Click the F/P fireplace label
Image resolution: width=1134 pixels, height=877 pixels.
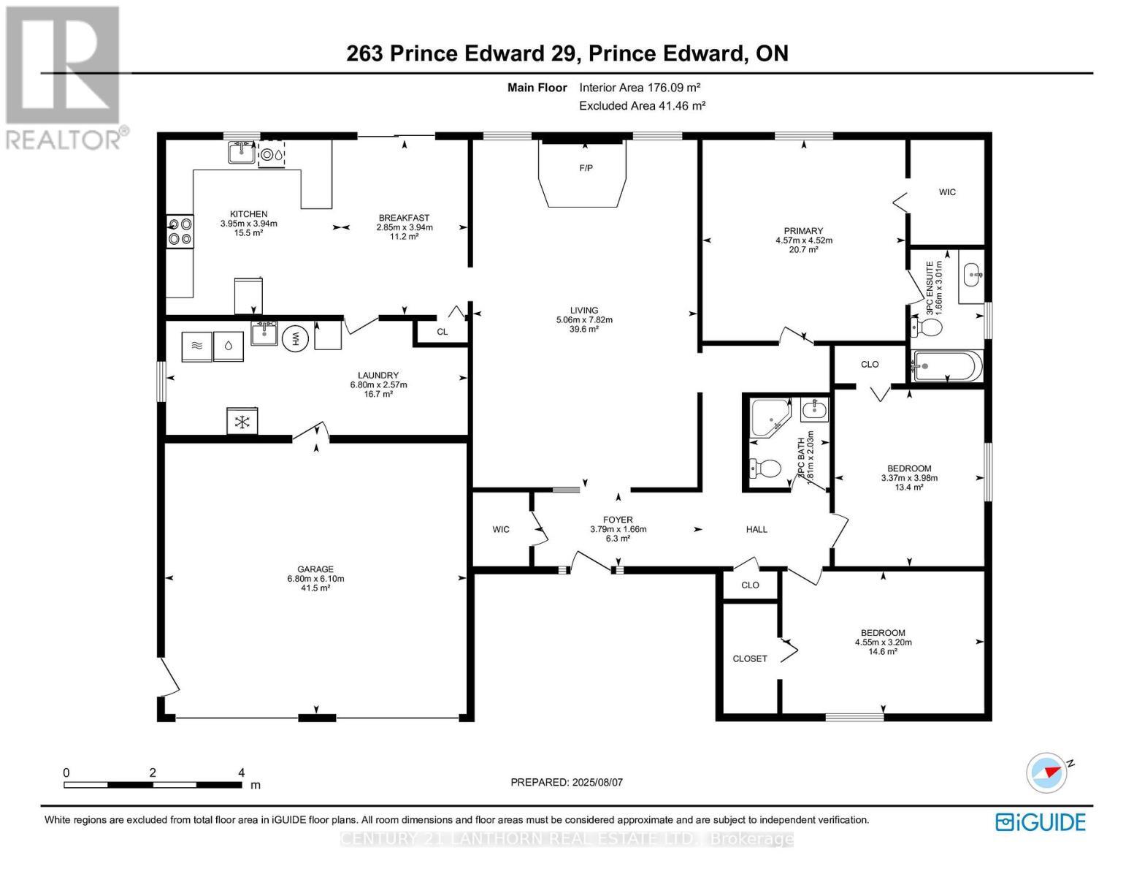click(x=586, y=168)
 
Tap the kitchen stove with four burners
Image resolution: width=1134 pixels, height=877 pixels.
click(x=180, y=231)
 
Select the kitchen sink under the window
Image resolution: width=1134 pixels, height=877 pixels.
click(x=240, y=153)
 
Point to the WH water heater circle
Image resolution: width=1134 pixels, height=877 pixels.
click(x=296, y=338)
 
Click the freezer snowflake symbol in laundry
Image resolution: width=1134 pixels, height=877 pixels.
click(x=242, y=421)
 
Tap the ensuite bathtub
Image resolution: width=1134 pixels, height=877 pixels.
click(x=946, y=364)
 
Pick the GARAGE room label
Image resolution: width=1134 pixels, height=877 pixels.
click(x=315, y=569)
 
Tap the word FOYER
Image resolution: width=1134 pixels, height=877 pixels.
click(x=618, y=520)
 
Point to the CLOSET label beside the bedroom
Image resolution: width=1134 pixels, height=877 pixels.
click(x=750, y=658)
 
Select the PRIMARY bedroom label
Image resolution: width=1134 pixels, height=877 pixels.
click(x=803, y=231)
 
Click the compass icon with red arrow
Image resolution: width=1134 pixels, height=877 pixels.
click(x=1046, y=772)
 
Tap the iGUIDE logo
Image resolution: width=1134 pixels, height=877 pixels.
click(x=1041, y=821)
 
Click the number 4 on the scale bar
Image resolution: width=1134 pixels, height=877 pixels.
click(x=241, y=772)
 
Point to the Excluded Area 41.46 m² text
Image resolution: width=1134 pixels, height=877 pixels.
click(x=642, y=106)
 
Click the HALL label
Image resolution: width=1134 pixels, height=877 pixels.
click(x=756, y=529)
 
